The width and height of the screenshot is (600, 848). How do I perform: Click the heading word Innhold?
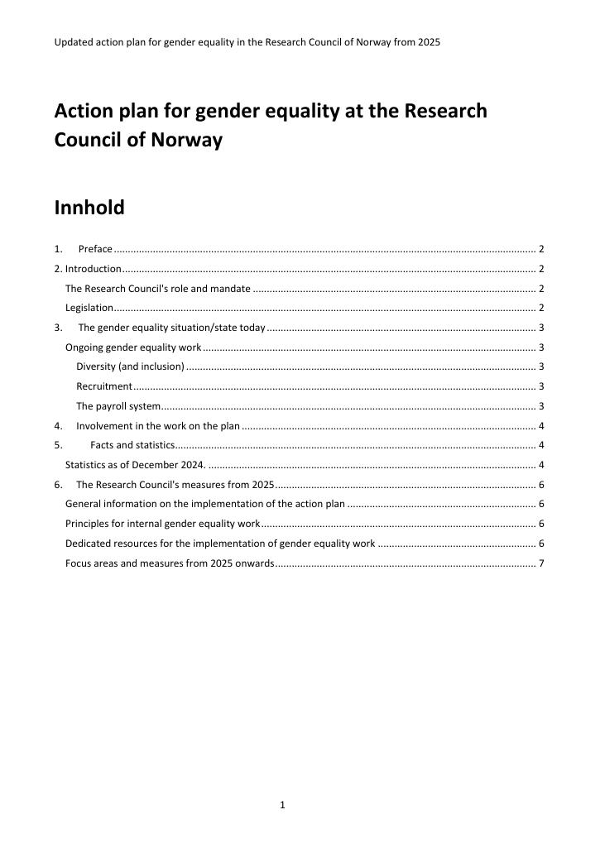[x=89, y=208]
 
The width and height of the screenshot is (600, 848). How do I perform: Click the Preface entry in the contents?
[x=95, y=249]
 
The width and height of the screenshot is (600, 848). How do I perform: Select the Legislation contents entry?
[x=89, y=308]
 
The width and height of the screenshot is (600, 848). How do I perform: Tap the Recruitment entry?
[x=103, y=386]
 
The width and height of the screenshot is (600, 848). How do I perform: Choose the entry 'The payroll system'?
[x=118, y=406]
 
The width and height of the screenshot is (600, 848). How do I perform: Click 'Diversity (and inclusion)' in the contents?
[x=130, y=367]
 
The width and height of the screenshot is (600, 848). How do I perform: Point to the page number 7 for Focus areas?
[x=540, y=563]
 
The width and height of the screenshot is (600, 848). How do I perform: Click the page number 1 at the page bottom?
[x=282, y=804]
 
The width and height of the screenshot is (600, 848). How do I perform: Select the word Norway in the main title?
[x=186, y=140]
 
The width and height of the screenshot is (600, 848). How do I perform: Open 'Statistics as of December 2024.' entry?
[x=135, y=465]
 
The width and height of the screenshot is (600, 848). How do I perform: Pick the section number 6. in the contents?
[x=58, y=485]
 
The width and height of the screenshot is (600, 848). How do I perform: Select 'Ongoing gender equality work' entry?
[x=132, y=347]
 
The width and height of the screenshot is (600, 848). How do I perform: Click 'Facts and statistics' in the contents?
[x=132, y=446]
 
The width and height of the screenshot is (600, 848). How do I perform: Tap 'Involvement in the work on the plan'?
[x=157, y=426]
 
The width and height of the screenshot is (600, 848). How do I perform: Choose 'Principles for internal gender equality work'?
[x=162, y=524]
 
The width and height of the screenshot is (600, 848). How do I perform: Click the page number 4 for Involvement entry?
[x=540, y=426]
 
